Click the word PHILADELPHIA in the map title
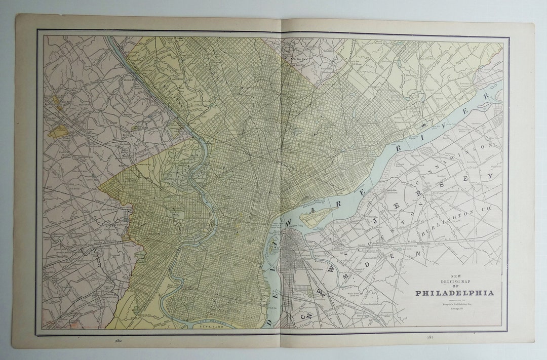pos(454,293)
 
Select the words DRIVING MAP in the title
pos(454,282)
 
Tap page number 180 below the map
pos(118,340)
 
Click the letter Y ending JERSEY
pos(489,177)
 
